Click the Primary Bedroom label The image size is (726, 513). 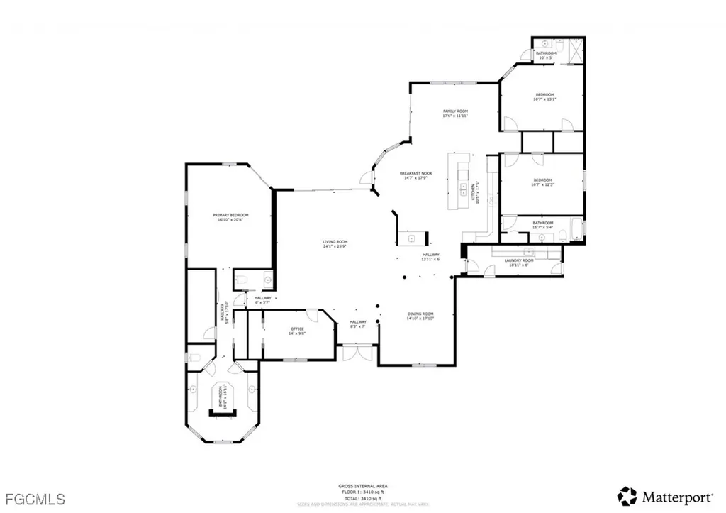tap(233, 217)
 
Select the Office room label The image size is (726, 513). tap(297, 331)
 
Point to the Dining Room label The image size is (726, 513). tap(420, 316)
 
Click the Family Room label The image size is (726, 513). tap(455, 114)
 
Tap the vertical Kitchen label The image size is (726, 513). tap(475, 192)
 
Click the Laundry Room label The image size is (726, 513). tap(519, 263)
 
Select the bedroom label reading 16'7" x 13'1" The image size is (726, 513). tap(544, 97)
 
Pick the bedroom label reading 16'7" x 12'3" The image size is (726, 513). tap(542, 182)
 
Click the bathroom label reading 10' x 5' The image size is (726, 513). tap(546, 55)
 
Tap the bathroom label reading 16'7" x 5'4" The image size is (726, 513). tap(542, 225)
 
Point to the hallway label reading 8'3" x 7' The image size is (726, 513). tap(357, 325)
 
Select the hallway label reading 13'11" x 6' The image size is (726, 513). tap(431, 257)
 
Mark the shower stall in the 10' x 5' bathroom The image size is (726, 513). tap(575, 52)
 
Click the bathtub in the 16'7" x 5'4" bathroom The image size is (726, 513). tap(574, 231)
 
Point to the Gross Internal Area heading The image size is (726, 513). tap(362, 486)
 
